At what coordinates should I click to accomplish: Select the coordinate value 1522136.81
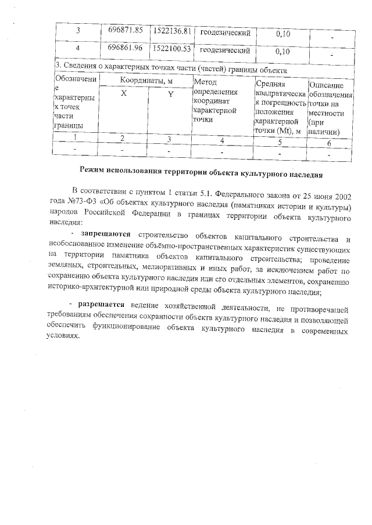tap(171, 30)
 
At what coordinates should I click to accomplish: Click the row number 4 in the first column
tap(77, 49)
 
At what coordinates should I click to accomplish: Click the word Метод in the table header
tap(205, 82)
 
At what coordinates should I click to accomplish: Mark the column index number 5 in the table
tap(280, 142)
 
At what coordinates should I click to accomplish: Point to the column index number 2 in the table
tap(122, 139)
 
